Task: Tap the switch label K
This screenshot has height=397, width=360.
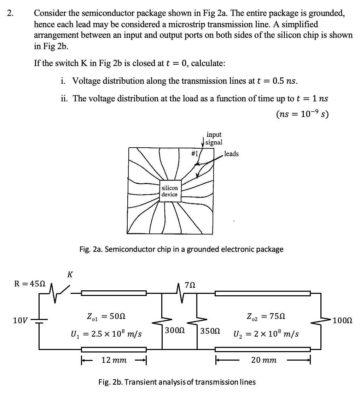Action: (70, 274)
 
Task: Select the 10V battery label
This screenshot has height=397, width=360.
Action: (19, 321)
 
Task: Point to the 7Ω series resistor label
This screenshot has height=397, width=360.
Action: (190, 285)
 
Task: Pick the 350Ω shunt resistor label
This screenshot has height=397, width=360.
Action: (210, 331)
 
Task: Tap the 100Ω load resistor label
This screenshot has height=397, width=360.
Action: (342, 321)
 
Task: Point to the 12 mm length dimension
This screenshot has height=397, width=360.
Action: (114, 360)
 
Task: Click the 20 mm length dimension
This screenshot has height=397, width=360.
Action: (263, 360)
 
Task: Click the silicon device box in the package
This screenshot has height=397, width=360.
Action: (170, 191)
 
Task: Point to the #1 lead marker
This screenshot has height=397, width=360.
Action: (194, 153)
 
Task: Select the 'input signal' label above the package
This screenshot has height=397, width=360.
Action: (214, 138)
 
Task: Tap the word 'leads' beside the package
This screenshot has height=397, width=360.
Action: (231, 154)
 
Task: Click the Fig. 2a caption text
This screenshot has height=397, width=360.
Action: (181, 249)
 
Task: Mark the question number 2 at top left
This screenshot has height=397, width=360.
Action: (11, 14)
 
